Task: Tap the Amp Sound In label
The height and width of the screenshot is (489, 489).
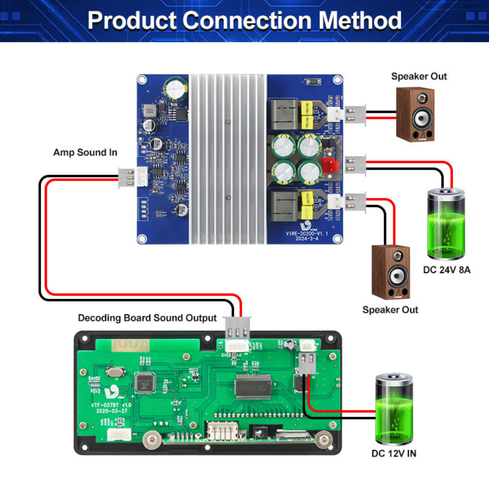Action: click(x=85, y=152)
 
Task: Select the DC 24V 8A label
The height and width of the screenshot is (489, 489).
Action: click(x=447, y=270)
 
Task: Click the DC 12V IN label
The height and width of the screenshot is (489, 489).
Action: click(x=394, y=453)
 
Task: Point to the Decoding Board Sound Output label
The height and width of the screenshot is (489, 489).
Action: click(x=147, y=318)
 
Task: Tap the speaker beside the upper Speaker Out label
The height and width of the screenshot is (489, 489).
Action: click(x=415, y=115)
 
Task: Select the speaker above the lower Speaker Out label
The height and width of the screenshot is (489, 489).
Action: click(x=390, y=272)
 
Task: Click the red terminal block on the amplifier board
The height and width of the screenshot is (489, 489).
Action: click(x=330, y=165)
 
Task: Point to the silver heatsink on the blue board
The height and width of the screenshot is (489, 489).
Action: click(x=228, y=159)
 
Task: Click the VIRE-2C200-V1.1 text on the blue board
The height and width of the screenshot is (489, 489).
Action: click(x=307, y=233)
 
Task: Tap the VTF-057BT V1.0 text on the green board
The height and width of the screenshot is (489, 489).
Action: click(x=111, y=405)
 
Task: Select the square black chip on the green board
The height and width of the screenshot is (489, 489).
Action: click(x=145, y=383)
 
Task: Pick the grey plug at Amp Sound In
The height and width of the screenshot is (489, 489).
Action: click(x=126, y=178)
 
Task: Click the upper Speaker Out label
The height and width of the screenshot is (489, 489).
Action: click(x=419, y=76)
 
